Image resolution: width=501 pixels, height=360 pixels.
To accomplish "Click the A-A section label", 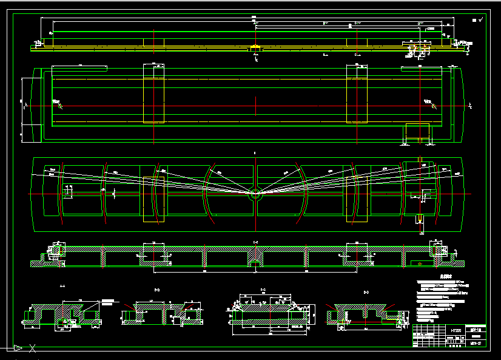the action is pos(62,286).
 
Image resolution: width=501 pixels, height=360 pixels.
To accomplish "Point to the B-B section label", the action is pos(157,291).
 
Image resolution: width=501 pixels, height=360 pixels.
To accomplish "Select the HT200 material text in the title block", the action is pos(456,331).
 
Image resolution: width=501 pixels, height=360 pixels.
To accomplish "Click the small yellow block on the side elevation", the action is pos(256,47).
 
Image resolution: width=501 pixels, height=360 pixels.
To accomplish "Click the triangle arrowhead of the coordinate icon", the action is pos(18,348).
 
